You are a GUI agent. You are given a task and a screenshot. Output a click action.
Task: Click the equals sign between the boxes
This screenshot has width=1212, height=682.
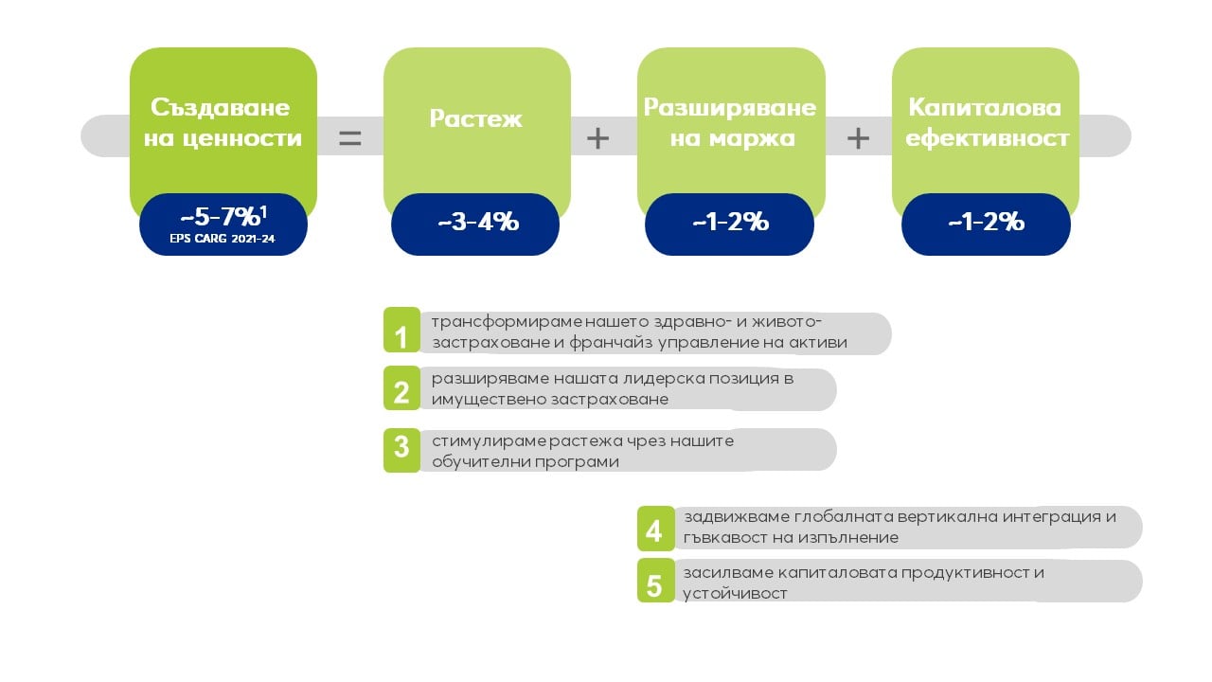click(350, 138)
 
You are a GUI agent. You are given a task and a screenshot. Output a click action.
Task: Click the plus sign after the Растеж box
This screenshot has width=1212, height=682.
click(597, 138)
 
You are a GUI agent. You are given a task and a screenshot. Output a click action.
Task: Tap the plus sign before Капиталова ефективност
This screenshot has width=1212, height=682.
click(858, 138)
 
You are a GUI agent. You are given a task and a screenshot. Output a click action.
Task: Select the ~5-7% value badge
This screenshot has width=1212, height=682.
click(223, 224)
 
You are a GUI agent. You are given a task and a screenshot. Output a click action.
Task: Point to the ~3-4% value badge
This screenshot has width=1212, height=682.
click(475, 224)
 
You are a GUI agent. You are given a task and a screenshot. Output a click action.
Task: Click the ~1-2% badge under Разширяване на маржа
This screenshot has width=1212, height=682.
click(729, 224)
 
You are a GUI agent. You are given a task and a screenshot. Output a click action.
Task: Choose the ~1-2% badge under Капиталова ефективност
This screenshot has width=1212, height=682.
click(986, 224)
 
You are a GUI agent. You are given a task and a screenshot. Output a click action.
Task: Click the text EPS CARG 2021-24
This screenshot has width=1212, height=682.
click(223, 239)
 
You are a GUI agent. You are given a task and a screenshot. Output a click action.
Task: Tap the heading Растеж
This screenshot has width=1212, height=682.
click(475, 118)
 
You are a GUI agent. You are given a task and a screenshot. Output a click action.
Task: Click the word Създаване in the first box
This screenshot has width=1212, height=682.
click(221, 107)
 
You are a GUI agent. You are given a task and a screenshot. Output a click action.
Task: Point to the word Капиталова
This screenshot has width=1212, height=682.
click(985, 107)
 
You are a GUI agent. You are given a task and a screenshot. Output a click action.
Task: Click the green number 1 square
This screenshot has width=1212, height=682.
click(401, 330)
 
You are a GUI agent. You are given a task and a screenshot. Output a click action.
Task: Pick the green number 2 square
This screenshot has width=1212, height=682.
click(401, 388)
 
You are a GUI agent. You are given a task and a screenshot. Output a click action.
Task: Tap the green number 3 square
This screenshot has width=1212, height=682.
click(401, 450)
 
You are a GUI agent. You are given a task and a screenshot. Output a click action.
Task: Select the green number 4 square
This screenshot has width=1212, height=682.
click(656, 529)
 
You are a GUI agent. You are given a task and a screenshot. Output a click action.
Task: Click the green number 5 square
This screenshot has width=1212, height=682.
click(656, 581)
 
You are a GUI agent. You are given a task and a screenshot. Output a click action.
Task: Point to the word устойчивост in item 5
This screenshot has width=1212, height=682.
click(735, 594)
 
